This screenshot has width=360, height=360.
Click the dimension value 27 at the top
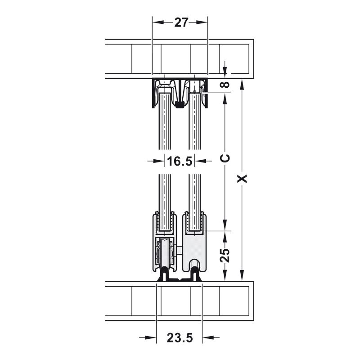click(x=181, y=22)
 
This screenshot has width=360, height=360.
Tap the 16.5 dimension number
click(x=180, y=161)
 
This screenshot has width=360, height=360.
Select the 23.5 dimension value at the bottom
click(x=180, y=338)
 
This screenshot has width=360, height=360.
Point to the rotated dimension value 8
click(x=225, y=85)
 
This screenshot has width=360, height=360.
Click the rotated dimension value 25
click(x=225, y=255)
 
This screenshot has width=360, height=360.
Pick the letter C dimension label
click(x=225, y=158)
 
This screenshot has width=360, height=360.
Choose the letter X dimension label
click(x=242, y=179)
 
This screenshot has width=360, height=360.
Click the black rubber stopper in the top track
click(x=179, y=105)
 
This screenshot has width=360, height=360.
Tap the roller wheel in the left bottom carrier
click(x=165, y=252)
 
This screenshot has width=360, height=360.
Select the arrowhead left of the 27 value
click(x=158, y=22)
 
